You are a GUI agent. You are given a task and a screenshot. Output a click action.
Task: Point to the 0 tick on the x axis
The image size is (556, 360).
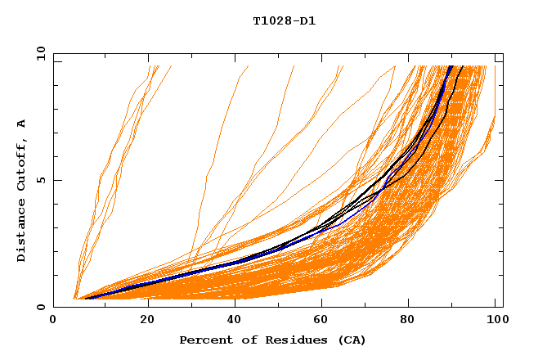pos(53,321)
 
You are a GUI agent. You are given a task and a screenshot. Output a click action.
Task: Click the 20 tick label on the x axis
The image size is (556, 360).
pos(141,321)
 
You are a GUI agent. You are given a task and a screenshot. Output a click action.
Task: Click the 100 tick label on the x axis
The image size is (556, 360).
pos(495,321)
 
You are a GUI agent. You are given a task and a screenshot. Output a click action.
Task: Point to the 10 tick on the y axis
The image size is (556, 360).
pos(39,54)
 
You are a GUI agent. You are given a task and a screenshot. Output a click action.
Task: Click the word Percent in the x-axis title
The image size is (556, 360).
pos(205,340)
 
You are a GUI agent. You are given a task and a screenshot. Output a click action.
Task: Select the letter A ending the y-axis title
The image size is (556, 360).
pos(22,124)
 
